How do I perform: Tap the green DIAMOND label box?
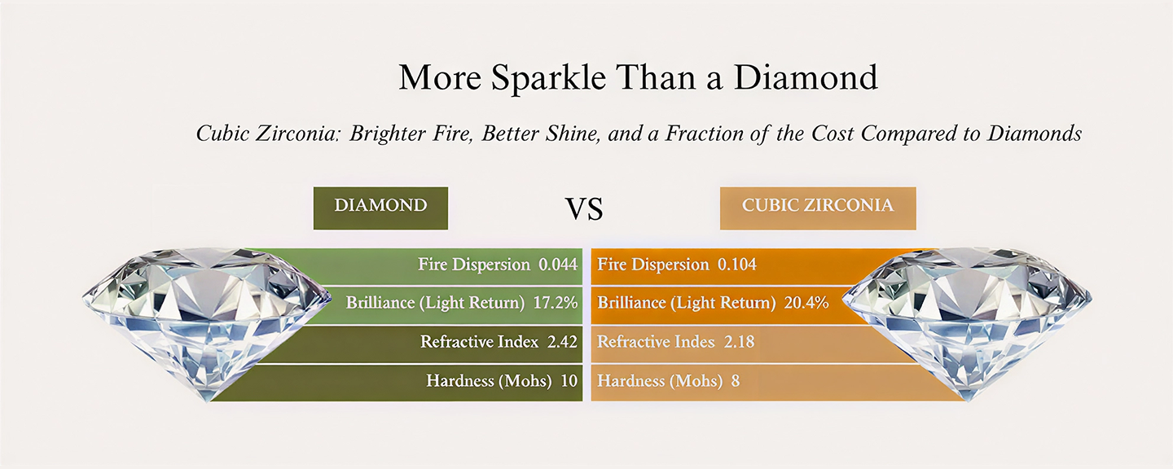(380, 208)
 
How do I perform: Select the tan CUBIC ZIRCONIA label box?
(818, 208)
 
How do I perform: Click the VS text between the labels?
(584, 208)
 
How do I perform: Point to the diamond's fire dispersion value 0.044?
(558, 265)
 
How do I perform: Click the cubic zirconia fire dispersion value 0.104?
(736, 265)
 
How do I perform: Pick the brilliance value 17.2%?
(556, 303)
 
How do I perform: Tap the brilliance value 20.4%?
(806, 303)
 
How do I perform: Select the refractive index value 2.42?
(562, 342)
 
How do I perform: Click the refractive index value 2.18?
(740, 342)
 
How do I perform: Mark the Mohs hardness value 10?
(569, 380)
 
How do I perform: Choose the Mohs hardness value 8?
(736, 380)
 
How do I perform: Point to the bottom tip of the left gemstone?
(208, 401)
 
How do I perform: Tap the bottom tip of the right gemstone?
(968, 401)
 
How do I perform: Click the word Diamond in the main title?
(806, 77)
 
